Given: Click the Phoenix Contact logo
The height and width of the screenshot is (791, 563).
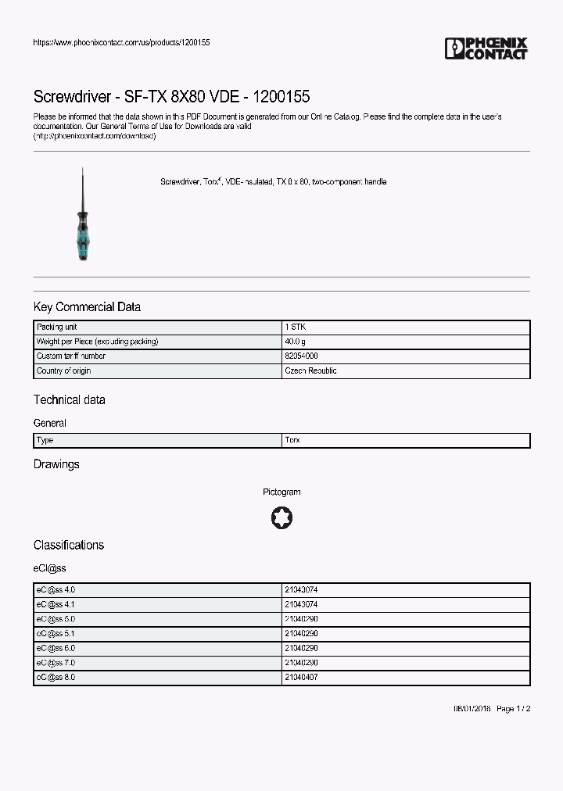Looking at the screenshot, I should tap(486, 48).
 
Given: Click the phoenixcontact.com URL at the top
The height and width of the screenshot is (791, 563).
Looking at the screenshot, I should tap(121, 42).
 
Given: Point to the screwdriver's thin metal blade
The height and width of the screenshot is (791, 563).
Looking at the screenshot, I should tap(81, 188).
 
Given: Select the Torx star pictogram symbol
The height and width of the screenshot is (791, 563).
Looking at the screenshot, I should tap(281, 517).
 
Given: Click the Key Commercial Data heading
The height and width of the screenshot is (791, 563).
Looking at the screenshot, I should tap(87, 307).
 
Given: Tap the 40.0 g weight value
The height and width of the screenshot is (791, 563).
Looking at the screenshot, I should tap(296, 342).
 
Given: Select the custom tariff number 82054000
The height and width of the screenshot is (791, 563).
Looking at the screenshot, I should tap(301, 356).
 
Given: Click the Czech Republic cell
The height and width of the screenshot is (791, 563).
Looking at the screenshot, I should tap(310, 371).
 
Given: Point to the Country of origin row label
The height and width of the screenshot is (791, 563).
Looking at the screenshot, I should tap(63, 371).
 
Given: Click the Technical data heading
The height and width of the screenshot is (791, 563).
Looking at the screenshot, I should tap(69, 400).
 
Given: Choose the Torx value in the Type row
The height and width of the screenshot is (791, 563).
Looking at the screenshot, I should tap(292, 441).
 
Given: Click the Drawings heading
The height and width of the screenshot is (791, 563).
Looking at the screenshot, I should tap(56, 464).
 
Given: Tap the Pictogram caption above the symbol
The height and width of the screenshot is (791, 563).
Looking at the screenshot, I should tap(281, 492).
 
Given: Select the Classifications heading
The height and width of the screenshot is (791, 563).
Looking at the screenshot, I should tap(68, 545).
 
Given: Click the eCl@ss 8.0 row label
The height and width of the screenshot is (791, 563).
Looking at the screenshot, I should tap(56, 678).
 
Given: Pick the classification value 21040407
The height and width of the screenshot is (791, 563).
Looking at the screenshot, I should tap(301, 678).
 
